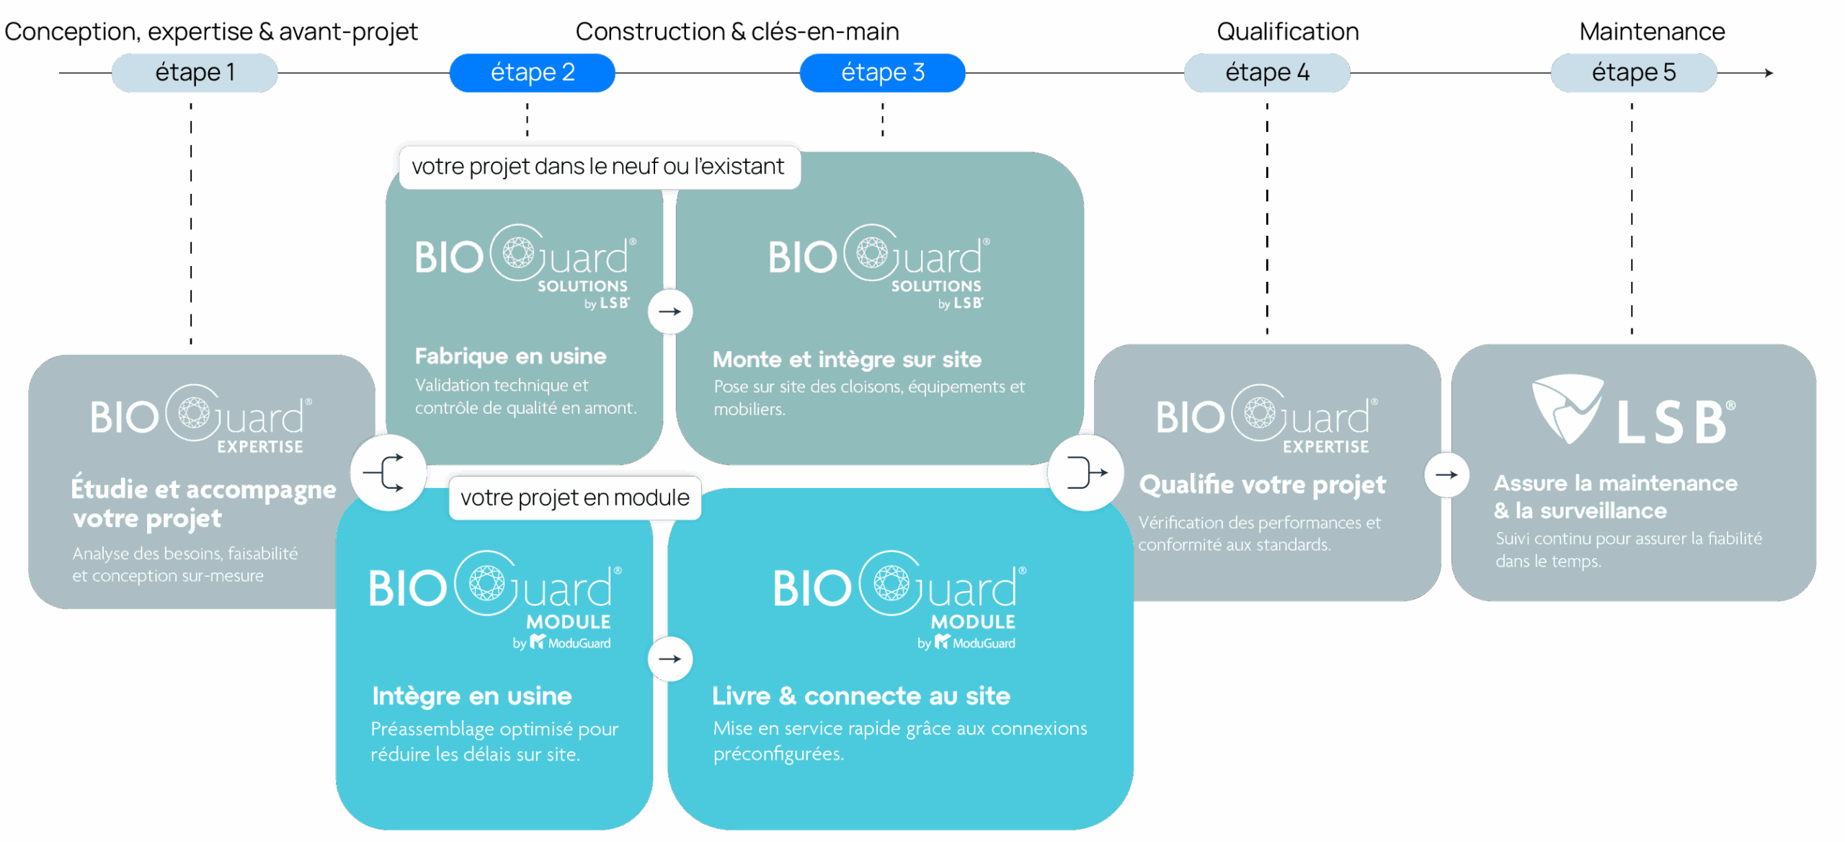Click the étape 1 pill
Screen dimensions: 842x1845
tap(195, 73)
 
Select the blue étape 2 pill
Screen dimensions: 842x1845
tap(533, 73)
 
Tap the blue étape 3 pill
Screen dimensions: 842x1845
tap(882, 73)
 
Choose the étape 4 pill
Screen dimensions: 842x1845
tap(1267, 73)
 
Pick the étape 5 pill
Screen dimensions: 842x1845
tap(1633, 73)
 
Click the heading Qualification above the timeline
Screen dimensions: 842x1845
tap(1287, 32)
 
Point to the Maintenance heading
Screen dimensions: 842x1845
tap(1652, 32)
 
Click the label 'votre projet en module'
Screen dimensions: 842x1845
tap(574, 497)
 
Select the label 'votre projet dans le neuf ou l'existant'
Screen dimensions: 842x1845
tap(598, 167)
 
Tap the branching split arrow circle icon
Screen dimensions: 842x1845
tap(388, 472)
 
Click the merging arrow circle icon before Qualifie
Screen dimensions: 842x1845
tap(1085, 472)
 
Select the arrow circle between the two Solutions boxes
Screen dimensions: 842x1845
tap(670, 311)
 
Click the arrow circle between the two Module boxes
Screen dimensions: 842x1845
tap(670, 658)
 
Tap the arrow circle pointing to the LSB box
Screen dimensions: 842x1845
tap(1446, 474)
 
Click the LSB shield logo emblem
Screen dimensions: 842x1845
tap(1567, 407)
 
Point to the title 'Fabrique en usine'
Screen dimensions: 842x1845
tap(510, 356)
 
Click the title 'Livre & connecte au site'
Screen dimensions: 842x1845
tap(861, 696)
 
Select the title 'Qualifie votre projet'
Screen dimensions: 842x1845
tap(1262, 485)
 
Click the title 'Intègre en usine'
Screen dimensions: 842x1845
tap(472, 696)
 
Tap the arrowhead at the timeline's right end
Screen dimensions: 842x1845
tap(1769, 73)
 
